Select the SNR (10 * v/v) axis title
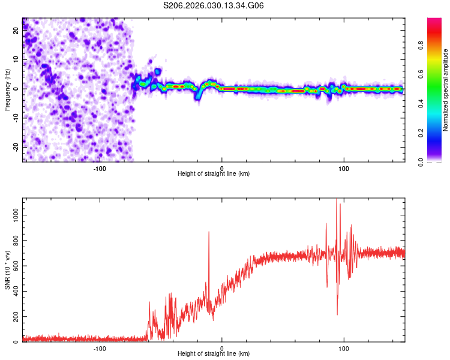(x=7, y=270)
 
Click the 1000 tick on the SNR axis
(x=12, y=214)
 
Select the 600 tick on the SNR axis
(x=14, y=265)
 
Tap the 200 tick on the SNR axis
(x=14, y=317)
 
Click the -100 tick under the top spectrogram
(x=100, y=168)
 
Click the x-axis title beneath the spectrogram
(x=214, y=174)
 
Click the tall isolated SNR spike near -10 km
(x=209, y=233)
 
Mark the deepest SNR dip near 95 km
(x=337, y=314)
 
